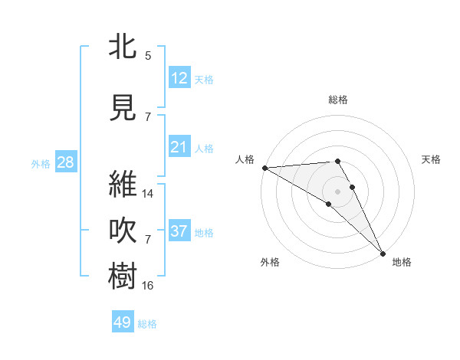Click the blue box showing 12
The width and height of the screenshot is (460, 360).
(x=179, y=78)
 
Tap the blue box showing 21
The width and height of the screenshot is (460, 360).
(x=179, y=147)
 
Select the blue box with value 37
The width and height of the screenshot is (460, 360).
(x=179, y=231)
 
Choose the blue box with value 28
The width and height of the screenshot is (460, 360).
(x=65, y=162)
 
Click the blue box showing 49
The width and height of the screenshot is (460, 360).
(x=123, y=322)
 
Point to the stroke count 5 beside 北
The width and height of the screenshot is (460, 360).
(x=148, y=56)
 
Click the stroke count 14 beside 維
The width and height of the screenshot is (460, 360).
(x=148, y=194)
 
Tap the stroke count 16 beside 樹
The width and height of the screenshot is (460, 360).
(x=148, y=286)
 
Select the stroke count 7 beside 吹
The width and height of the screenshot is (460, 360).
(x=148, y=240)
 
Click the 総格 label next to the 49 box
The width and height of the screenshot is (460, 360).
(x=148, y=324)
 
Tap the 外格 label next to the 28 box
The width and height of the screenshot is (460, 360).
(x=41, y=164)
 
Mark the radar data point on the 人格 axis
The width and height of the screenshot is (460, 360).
(x=264, y=167)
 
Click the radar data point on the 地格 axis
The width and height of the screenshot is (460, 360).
(x=382, y=253)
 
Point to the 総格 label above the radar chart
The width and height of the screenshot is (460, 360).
(x=338, y=100)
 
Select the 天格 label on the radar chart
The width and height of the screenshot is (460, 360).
(x=432, y=159)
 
